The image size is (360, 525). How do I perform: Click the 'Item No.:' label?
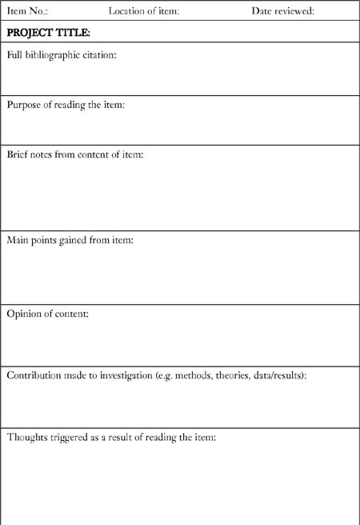point(28,11)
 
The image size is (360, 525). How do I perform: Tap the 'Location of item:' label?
point(144,11)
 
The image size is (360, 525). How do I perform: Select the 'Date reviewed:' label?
point(282,11)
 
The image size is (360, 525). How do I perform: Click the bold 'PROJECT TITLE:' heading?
point(48,33)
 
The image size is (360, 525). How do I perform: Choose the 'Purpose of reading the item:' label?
point(66,105)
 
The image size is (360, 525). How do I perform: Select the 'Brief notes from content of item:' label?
point(75,154)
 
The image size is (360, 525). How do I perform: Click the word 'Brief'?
point(18,154)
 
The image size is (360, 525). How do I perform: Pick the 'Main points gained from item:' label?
point(70,239)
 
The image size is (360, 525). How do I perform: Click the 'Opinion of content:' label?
point(48,313)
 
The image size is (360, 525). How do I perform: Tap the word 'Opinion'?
point(24,314)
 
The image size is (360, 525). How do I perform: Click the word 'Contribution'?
point(34,375)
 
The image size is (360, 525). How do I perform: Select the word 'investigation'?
point(124,375)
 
